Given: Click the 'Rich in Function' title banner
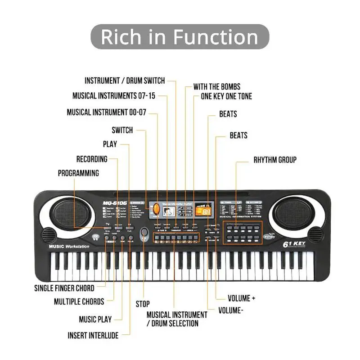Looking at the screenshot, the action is pyautogui.click(x=180, y=36).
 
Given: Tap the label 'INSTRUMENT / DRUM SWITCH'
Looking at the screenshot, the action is pyautogui.click(x=125, y=81).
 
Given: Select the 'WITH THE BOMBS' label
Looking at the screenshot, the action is pyautogui.click(x=216, y=86).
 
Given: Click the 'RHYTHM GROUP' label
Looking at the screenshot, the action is pyautogui.click(x=275, y=160).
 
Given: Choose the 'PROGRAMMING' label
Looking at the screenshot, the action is pyautogui.click(x=78, y=173).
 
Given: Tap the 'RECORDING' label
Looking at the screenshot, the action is pyautogui.click(x=92, y=159).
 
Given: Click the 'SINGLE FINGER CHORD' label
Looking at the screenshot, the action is pyautogui.click(x=64, y=288).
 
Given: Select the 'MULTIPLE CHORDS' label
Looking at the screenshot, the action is pyautogui.click(x=79, y=301).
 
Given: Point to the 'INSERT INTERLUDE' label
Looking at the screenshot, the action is pyautogui.click(x=93, y=335).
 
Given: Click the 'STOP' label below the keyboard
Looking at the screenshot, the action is pyautogui.click(x=143, y=304).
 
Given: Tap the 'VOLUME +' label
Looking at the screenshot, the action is pyautogui.click(x=242, y=298).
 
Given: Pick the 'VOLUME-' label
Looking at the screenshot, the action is pyautogui.click(x=231, y=310).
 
